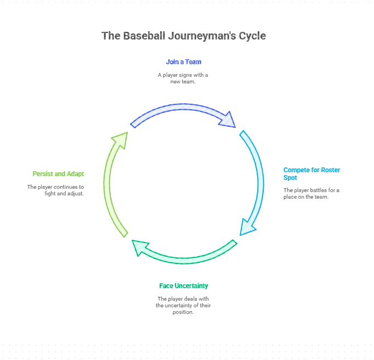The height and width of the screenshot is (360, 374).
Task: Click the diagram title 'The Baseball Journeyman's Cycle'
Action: [184, 36]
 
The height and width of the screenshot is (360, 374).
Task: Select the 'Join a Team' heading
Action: [184, 62]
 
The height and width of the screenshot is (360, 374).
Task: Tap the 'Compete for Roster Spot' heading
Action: [311, 174]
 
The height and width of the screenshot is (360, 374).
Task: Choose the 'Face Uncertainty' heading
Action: [184, 286]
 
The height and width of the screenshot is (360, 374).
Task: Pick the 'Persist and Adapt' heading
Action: [58, 174]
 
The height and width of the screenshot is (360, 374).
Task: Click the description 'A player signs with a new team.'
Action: [183, 78]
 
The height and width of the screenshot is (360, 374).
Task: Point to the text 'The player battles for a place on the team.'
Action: [311, 194]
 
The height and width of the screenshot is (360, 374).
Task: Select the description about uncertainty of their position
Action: [183, 305]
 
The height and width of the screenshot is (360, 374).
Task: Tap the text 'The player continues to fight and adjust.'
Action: [55, 190]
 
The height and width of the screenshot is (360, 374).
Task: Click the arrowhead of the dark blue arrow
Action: [228, 120]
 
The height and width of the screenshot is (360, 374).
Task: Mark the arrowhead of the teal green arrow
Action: [139, 247]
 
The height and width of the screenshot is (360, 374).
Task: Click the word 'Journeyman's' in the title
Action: [202, 36]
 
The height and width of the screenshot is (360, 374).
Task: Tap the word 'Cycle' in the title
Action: [252, 36]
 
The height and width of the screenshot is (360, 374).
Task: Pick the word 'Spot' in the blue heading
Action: [290, 178]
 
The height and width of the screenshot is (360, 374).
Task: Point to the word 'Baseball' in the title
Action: [144, 36]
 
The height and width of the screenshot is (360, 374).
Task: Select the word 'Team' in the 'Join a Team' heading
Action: [193, 62]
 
